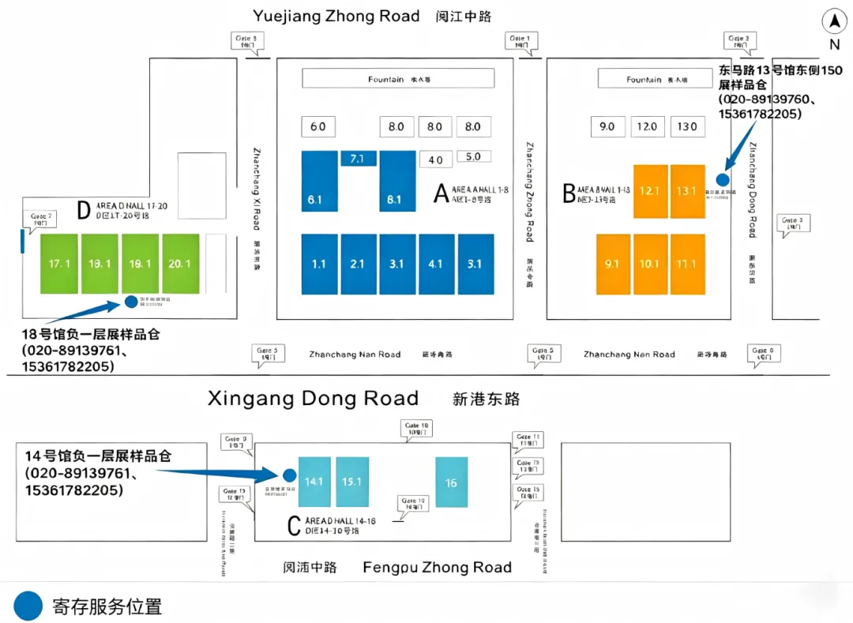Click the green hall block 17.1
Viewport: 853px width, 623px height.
point(59,264)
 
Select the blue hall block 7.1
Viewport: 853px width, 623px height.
point(358,159)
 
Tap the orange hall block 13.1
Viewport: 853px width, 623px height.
point(687,191)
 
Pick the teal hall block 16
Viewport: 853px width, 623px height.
point(451,482)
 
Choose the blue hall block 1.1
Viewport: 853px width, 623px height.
point(319,265)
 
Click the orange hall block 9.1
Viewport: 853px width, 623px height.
point(613,265)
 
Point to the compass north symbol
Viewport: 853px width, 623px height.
point(834,21)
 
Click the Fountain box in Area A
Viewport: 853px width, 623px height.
point(398,79)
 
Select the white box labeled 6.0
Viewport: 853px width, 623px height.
point(318,126)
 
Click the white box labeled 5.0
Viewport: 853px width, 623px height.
point(473,156)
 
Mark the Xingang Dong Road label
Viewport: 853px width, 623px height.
point(313,398)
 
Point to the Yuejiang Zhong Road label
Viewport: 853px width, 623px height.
point(336,16)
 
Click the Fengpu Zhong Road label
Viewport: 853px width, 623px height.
point(437,567)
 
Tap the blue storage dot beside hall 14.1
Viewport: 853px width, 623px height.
point(289,475)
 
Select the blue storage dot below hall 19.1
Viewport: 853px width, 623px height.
point(131,301)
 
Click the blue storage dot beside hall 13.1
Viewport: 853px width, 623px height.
point(723,179)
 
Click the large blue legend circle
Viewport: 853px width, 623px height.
point(28,606)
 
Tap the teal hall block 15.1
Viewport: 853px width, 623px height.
point(351,482)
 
